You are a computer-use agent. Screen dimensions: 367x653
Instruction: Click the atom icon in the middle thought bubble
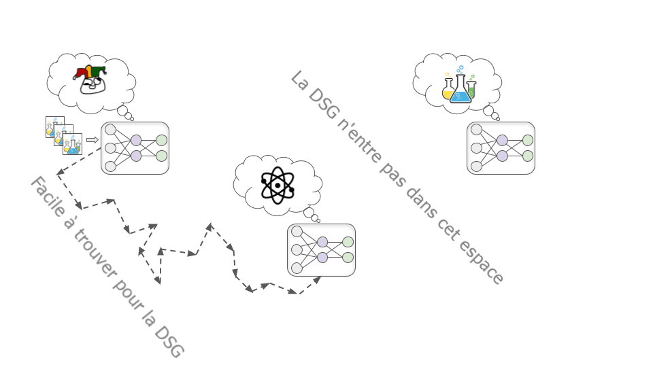pyautogui.click(x=277, y=184)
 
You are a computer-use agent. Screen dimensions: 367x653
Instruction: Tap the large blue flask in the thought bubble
pyautogui.click(x=460, y=91)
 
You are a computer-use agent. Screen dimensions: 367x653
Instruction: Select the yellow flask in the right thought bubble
pyautogui.click(x=448, y=89)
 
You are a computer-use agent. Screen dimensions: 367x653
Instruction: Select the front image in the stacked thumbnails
pyautogui.click(x=72, y=144)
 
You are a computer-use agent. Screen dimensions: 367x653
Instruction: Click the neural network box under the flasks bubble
pyautogui.click(x=501, y=148)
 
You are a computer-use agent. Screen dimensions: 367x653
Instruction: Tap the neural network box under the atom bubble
pyautogui.click(x=321, y=250)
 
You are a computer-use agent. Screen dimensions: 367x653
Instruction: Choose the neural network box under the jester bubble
pyautogui.click(x=135, y=148)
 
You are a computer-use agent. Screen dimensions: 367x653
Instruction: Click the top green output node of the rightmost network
pyautogui.click(x=527, y=140)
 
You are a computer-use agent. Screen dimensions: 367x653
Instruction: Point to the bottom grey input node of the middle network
pyautogui.click(x=297, y=268)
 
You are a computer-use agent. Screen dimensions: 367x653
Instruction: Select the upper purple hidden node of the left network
pyautogui.click(x=136, y=140)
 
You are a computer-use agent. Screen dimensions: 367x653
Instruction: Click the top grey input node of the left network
pyautogui.click(x=110, y=129)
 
